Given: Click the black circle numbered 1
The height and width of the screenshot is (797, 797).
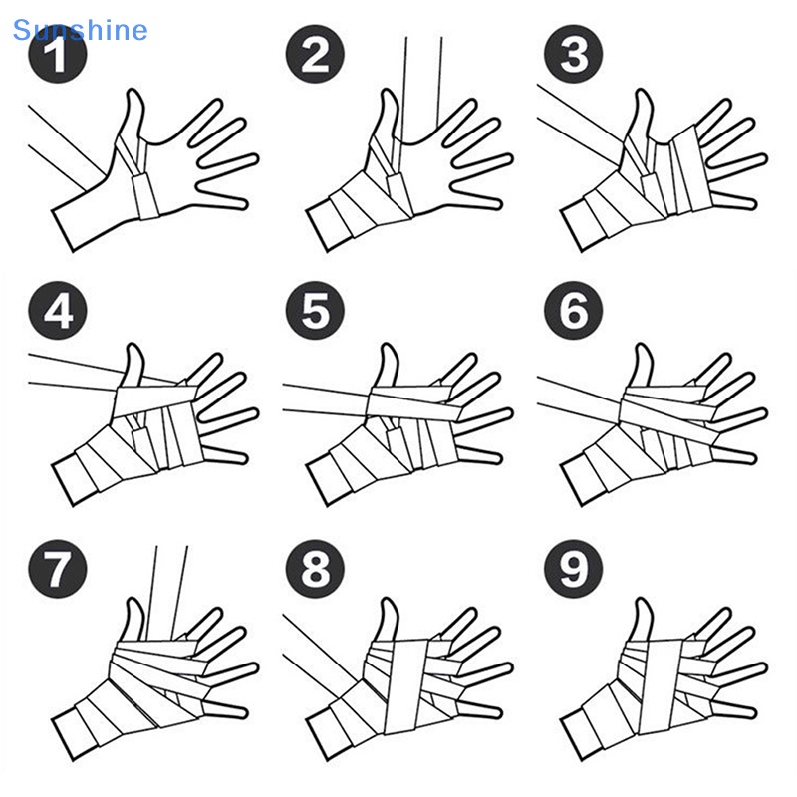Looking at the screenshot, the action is (x=58, y=54).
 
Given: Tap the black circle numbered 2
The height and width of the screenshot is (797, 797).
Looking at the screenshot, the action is (x=315, y=54).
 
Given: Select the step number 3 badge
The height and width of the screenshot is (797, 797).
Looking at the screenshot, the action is (x=574, y=54).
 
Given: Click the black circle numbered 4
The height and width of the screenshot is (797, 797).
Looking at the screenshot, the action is (x=58, y=311).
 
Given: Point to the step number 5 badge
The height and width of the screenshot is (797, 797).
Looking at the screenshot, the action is (x=315, y=311).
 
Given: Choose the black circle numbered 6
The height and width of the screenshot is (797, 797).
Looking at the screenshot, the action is (x=574, y=311).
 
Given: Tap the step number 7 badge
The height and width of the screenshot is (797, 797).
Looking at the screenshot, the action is (x=58, y=569).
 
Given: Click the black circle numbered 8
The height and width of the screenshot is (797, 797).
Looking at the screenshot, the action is (x=315, y=569).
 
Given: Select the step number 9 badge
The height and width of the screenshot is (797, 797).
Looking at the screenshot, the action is (x=574, y=569).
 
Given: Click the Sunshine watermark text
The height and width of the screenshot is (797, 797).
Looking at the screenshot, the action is (x=81, y=30).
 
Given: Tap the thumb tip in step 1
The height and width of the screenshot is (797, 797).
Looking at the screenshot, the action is (x=133, y=92).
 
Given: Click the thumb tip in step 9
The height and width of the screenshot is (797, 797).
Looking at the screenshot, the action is (x=643, y=601).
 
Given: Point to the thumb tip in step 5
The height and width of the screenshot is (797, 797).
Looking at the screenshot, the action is (x=389, y=347).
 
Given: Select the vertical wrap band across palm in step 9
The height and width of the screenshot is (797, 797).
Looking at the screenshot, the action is (x=660, y=686).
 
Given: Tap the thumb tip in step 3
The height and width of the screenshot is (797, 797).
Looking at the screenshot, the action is (x=643, y=92).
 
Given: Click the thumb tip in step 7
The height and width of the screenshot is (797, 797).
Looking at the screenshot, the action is (x=133, y=601).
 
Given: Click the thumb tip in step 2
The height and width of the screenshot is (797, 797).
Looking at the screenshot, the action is (x=389, y=92).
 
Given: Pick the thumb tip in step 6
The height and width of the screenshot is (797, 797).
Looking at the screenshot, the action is (x=643, y=347).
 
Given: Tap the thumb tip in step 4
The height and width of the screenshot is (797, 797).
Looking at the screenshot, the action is (x=133, y=347).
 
